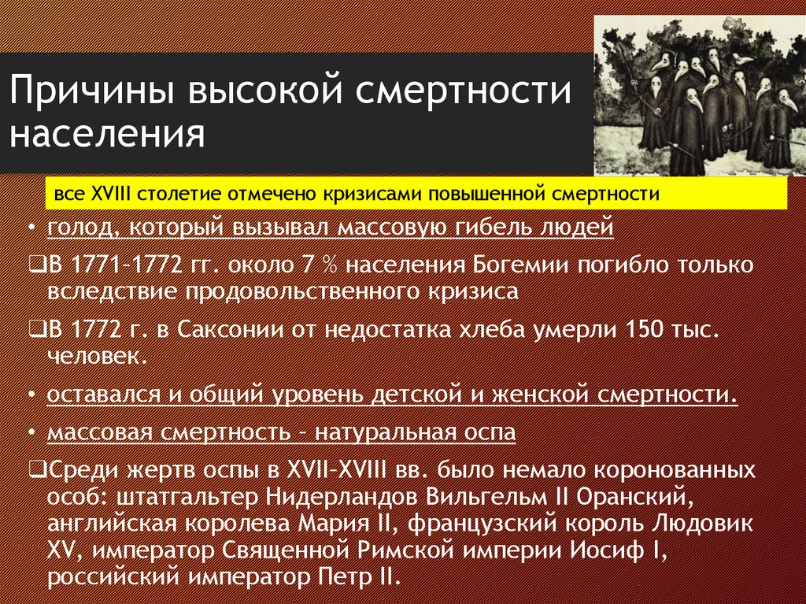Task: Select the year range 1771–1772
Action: [x=120, y=265]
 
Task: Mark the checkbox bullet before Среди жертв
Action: [x=35, y=471]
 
